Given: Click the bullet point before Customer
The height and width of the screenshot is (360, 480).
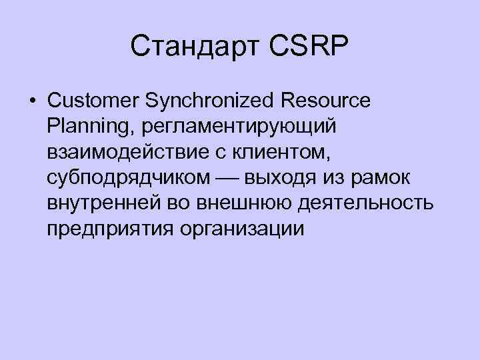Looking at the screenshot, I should [x=32, y=102].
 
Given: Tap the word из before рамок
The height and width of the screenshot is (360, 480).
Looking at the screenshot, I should [x=335, y=177].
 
